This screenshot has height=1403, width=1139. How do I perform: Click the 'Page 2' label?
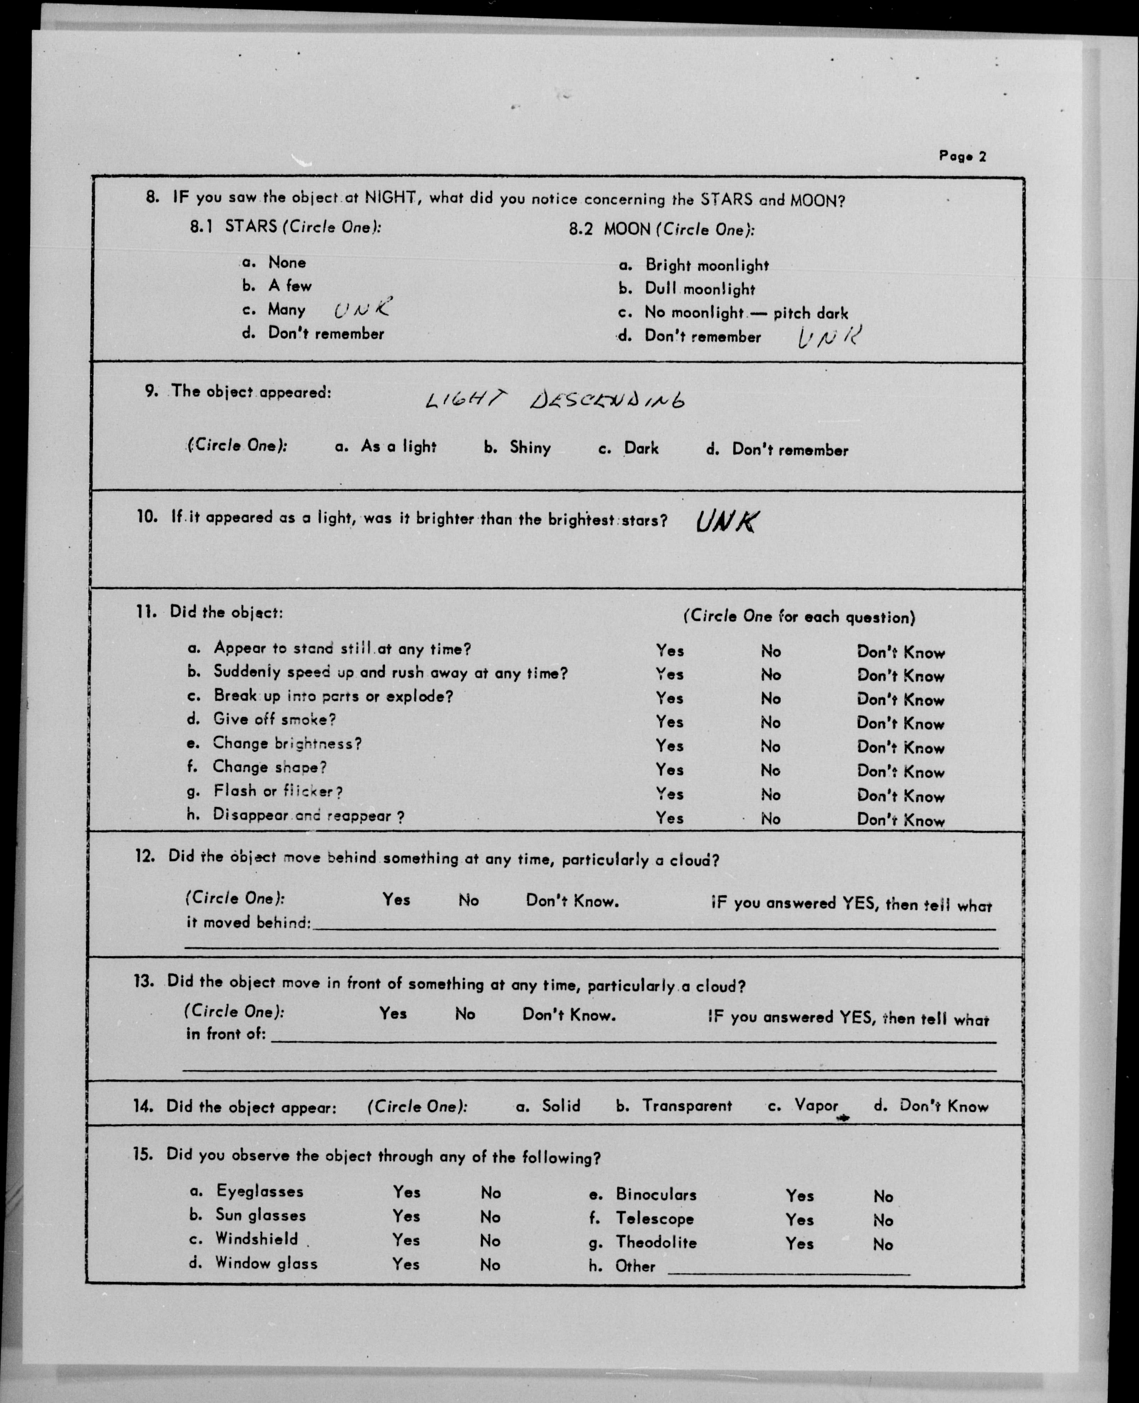pos(962,156)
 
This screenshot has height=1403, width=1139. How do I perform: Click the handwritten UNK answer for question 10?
pos(727,522)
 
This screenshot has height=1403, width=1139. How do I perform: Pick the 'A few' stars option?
pos(289,286)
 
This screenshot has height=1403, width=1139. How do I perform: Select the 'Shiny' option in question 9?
pos(530,448)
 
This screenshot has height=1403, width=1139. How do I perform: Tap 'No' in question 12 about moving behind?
pos(468,900)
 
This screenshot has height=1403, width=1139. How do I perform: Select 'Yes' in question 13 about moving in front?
pos(393,1014)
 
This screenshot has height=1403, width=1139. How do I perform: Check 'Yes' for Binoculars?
pos(800,1196)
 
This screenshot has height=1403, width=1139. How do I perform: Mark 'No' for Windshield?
pos(490,1241)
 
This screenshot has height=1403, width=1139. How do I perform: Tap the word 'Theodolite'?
pos(656,1242)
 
